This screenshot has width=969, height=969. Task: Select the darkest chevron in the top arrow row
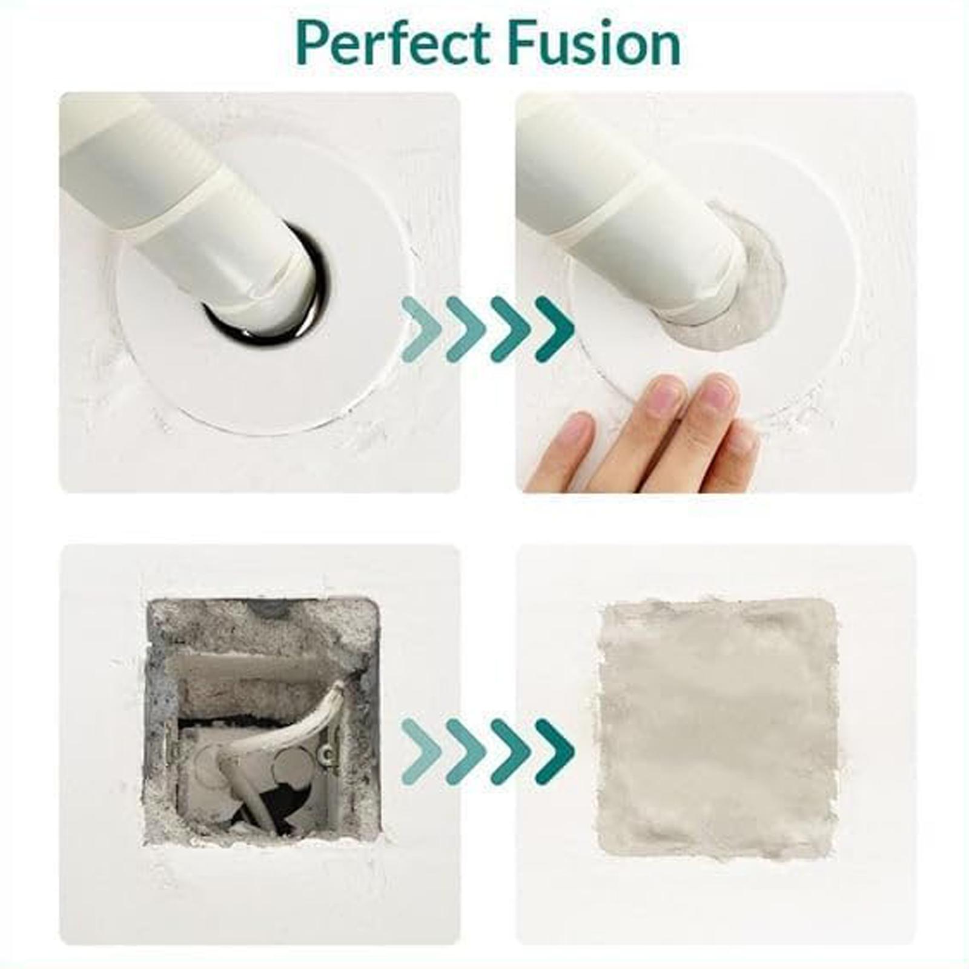tap(554, 329)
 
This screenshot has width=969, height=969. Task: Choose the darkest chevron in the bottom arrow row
tap(554, 751)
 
